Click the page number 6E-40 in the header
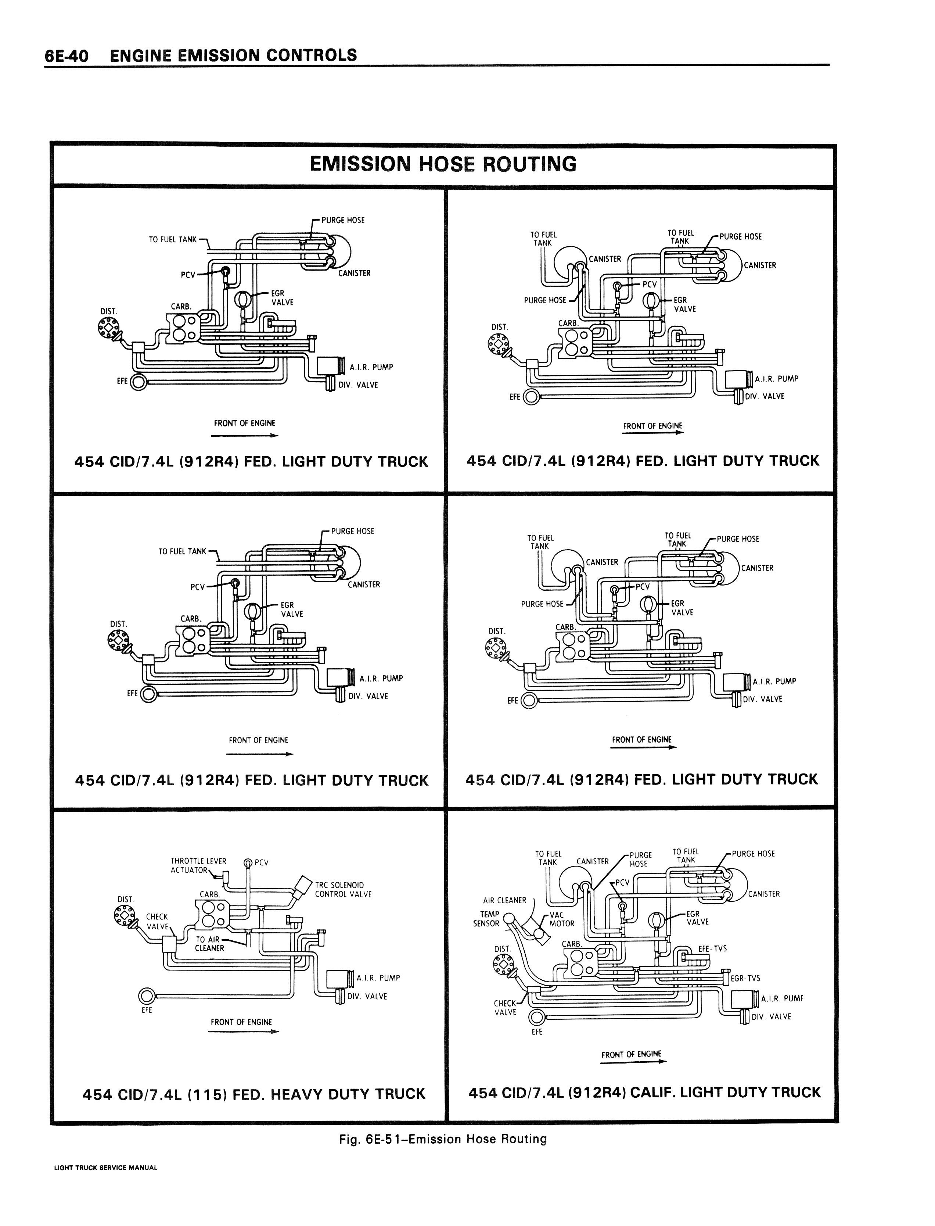(67, 56)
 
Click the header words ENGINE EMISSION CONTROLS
(233, 56)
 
